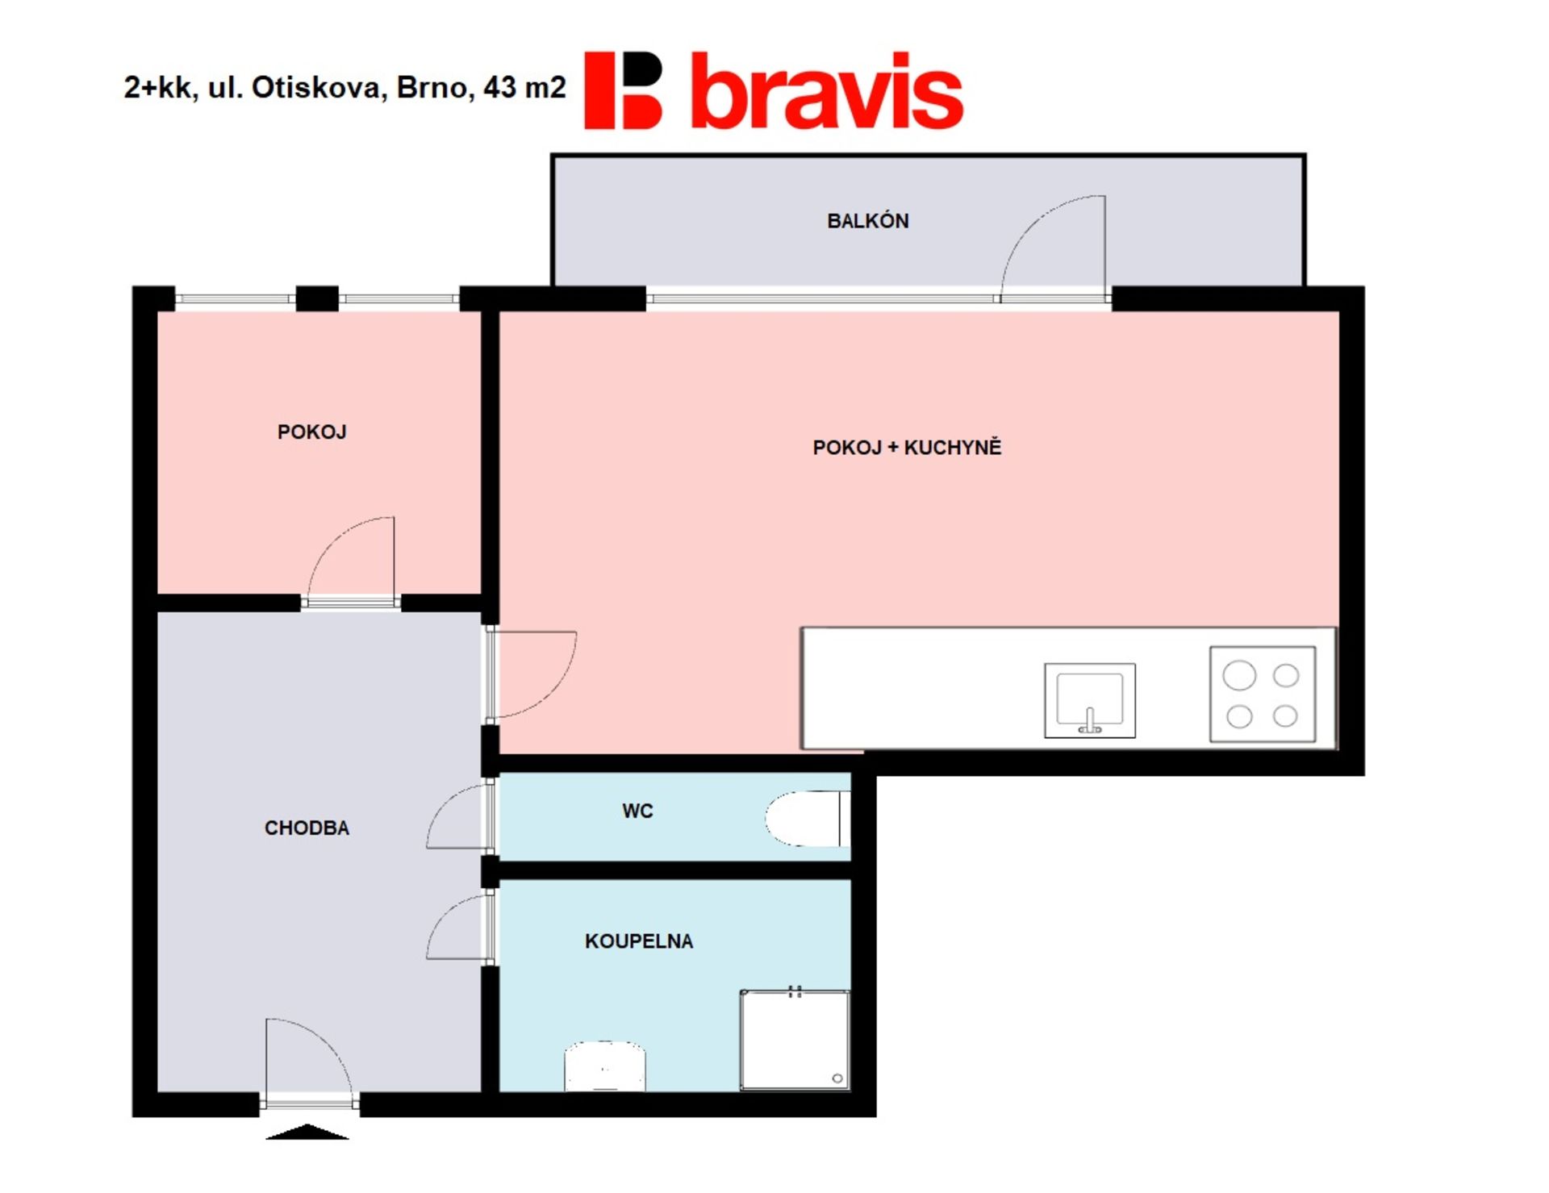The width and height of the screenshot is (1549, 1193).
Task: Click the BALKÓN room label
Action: (867, 220)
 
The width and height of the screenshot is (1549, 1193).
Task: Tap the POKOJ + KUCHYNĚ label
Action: (907, 447)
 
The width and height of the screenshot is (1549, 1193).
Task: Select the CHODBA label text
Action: (307, 828)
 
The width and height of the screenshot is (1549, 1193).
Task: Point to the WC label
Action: (637, 811)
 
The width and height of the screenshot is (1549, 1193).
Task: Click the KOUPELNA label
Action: (639, 941)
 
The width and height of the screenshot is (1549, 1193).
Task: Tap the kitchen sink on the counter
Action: (1090, 700)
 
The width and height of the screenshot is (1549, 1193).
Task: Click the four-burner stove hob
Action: (1263, 695)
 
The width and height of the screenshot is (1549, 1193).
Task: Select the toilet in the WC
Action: (808, 819)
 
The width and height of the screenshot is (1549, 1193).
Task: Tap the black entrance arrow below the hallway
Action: (307, 1132)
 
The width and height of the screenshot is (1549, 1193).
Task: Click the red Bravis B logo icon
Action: (623, 90)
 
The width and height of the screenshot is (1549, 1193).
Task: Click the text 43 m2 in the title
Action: (524, 87)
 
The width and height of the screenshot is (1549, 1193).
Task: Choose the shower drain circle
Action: (837, 1078)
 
